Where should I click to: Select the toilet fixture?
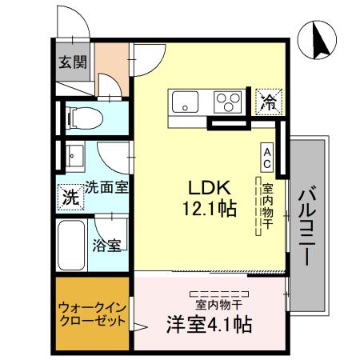84,118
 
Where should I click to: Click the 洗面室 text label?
108,187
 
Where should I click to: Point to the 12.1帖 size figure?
209,210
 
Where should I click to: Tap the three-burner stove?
229,102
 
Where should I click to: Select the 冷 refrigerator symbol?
267,102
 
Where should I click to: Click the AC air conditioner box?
266,157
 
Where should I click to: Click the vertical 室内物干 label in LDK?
267,205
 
